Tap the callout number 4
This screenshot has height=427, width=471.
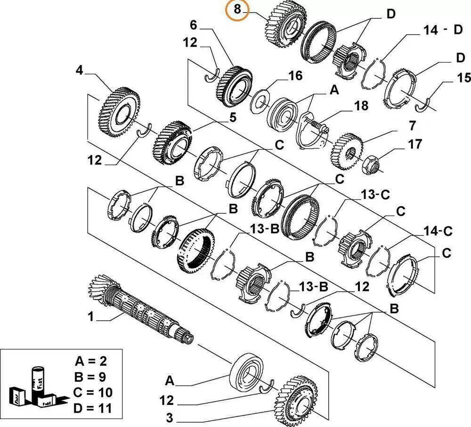pyautogui.click(x=79, y=71)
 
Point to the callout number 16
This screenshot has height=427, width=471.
pyautogui.click(x=295, y=77)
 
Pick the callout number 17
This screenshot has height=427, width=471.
pyautogui.click(x=415, y=144)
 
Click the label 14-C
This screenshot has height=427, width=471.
pyautogui.click(x=438, y=231)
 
